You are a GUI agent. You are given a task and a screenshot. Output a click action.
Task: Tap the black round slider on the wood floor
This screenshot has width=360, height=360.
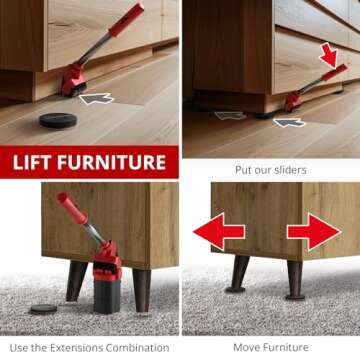(x=57, y=120)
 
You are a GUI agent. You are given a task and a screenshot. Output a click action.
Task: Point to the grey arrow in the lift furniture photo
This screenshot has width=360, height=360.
(x=96, y=98)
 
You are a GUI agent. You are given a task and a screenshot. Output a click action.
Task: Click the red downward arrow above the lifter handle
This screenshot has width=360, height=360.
(x=329, y=52)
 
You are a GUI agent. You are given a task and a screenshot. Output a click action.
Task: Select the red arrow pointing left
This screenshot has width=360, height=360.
(x=218, y=232)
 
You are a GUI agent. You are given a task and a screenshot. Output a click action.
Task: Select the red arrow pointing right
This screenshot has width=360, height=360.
(x=314, y=232)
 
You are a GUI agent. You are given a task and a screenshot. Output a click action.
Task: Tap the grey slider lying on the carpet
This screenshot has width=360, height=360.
(x=43, y=310)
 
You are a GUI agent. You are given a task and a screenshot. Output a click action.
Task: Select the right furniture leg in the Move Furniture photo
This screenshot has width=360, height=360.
(x=297, y=277)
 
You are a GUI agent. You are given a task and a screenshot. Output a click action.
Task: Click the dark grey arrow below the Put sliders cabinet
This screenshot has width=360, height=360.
(x=290, y=122)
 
